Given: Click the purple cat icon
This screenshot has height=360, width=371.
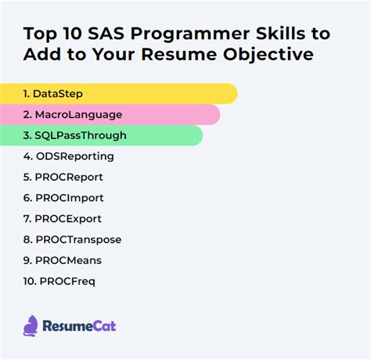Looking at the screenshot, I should click(31, 325).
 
